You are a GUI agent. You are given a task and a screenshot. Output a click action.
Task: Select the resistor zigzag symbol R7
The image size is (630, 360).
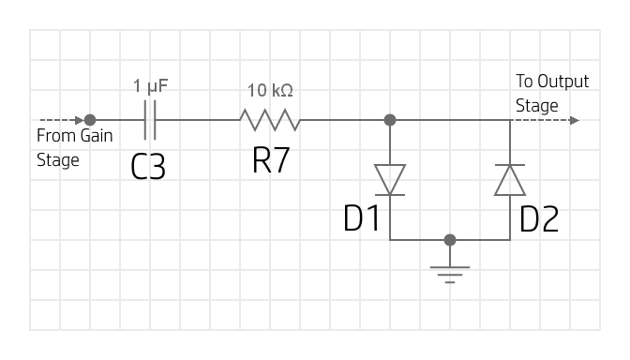point(270,120)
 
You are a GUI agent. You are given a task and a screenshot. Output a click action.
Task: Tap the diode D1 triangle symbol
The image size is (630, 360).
point(390,179)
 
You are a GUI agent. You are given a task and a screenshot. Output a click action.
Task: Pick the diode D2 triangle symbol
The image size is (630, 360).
point(510,179)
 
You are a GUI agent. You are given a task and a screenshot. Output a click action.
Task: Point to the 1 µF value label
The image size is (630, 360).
point(151,87)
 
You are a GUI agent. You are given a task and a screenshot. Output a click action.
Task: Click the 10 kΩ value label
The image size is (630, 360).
point(270,91)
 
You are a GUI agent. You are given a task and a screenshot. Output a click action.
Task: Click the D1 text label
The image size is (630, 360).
point(361,218)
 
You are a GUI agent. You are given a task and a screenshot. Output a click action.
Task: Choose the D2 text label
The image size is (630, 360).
point(539,218)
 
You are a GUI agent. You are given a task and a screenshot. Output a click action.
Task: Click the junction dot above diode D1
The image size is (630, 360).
point(390,120)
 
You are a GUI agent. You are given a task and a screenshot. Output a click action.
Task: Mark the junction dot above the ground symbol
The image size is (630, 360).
point(451,239)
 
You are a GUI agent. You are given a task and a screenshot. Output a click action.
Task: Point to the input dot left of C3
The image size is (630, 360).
point(90,120)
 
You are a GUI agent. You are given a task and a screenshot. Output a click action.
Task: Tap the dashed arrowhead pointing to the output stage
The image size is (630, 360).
point(574,120)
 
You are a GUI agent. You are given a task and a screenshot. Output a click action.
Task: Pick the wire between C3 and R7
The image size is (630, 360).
point(198,120)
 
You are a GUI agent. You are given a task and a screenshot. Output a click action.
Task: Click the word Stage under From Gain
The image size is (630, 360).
point(57,159)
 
